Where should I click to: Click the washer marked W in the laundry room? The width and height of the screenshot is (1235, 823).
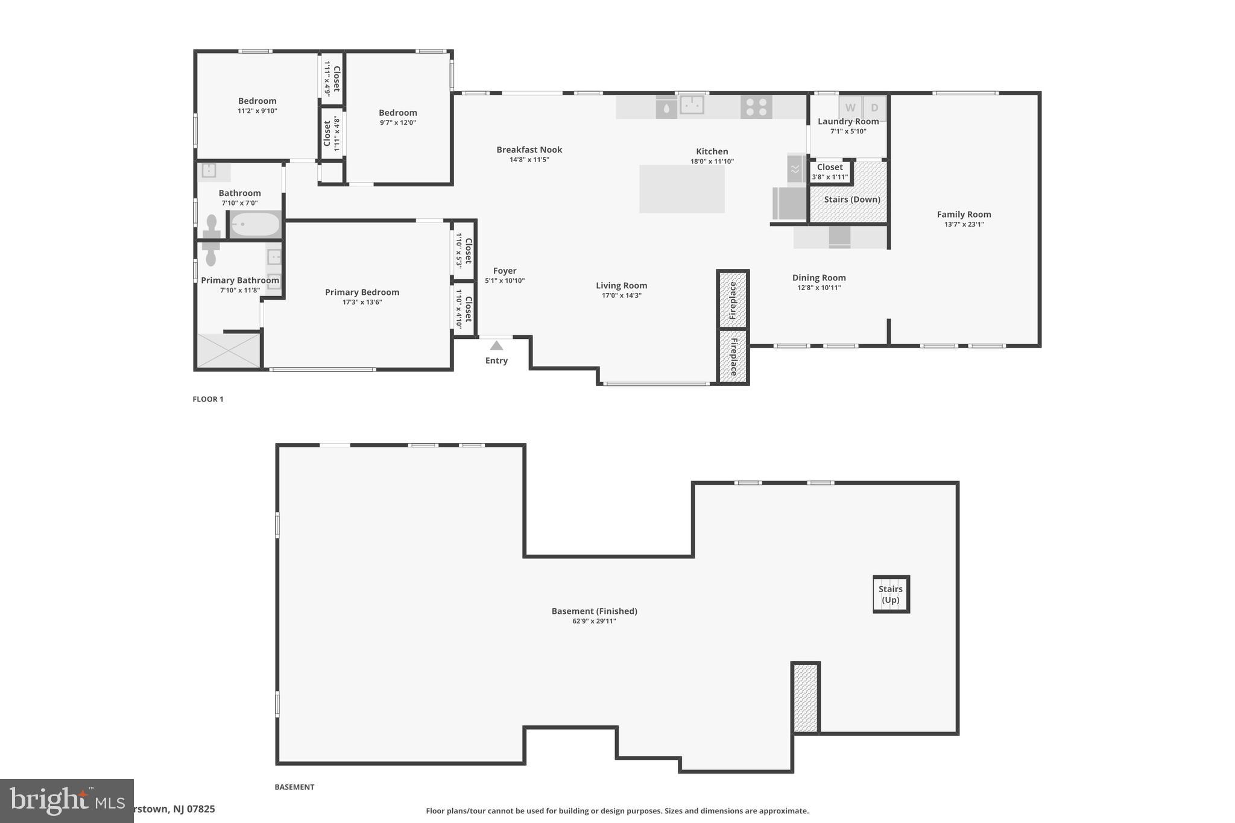coord(850,108)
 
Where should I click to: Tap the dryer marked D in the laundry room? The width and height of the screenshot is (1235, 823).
coord(874,108)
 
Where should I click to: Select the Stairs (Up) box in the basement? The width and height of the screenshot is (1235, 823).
coord(891,594)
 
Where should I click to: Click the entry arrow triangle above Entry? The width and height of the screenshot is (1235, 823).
coord(496,345)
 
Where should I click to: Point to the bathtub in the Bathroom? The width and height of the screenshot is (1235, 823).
coord(256,225)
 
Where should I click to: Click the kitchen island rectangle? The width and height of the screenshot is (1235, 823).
coord(681,189)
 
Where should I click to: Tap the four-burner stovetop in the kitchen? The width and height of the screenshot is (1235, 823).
coord(756,107)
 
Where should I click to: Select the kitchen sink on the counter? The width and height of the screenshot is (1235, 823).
coord(692,105)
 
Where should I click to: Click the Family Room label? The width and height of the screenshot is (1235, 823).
coord(964,214)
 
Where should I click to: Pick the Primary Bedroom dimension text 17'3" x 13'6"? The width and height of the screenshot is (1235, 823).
coord(362,302)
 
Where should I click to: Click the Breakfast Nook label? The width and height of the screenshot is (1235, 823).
coord(529,150)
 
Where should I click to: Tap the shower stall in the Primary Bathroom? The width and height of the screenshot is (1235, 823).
coord(228,350)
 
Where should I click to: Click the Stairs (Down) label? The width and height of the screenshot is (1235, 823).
coord(851,199)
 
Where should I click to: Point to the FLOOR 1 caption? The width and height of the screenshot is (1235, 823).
coord(208,399)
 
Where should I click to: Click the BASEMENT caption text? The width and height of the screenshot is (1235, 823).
coord(294,787)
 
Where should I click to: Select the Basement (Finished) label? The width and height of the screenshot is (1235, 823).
coord(594,611)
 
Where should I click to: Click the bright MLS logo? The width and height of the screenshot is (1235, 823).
coord(66,801)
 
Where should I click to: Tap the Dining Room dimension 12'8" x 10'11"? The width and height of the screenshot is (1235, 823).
coord(818,288)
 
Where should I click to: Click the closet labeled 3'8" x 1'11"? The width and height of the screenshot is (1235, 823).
coord(830,171)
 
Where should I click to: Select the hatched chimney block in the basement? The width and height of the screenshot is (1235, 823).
coord(805,698)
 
